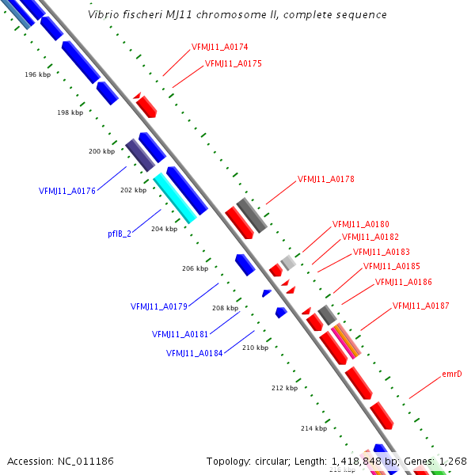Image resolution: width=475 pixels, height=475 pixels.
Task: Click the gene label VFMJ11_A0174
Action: coord(219,47)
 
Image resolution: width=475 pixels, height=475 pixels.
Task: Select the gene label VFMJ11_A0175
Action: coord(233,63)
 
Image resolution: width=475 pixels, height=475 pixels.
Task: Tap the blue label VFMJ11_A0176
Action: coord(67,191)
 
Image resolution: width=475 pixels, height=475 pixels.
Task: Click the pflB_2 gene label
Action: coord(120,234)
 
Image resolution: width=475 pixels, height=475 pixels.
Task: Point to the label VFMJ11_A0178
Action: coord(325,179)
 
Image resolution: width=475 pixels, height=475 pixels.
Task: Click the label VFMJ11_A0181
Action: coord(180,334)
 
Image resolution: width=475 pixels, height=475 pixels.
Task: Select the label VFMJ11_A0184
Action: coord(194,353)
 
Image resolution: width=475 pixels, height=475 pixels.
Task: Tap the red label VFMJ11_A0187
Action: coord(420,306)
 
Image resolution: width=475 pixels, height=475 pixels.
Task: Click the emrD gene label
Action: coord(452,374)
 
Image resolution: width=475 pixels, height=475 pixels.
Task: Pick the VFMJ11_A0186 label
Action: coord(403,282)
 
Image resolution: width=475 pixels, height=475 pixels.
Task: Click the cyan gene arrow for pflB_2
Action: coord(174,198)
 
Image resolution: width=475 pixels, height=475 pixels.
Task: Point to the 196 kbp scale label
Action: coord(37,74)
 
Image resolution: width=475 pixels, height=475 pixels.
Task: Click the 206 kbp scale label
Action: coord(195,268)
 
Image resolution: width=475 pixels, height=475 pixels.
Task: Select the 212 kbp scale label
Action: coord(284,388)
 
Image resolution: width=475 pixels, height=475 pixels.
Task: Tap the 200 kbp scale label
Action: coord(101,150)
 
